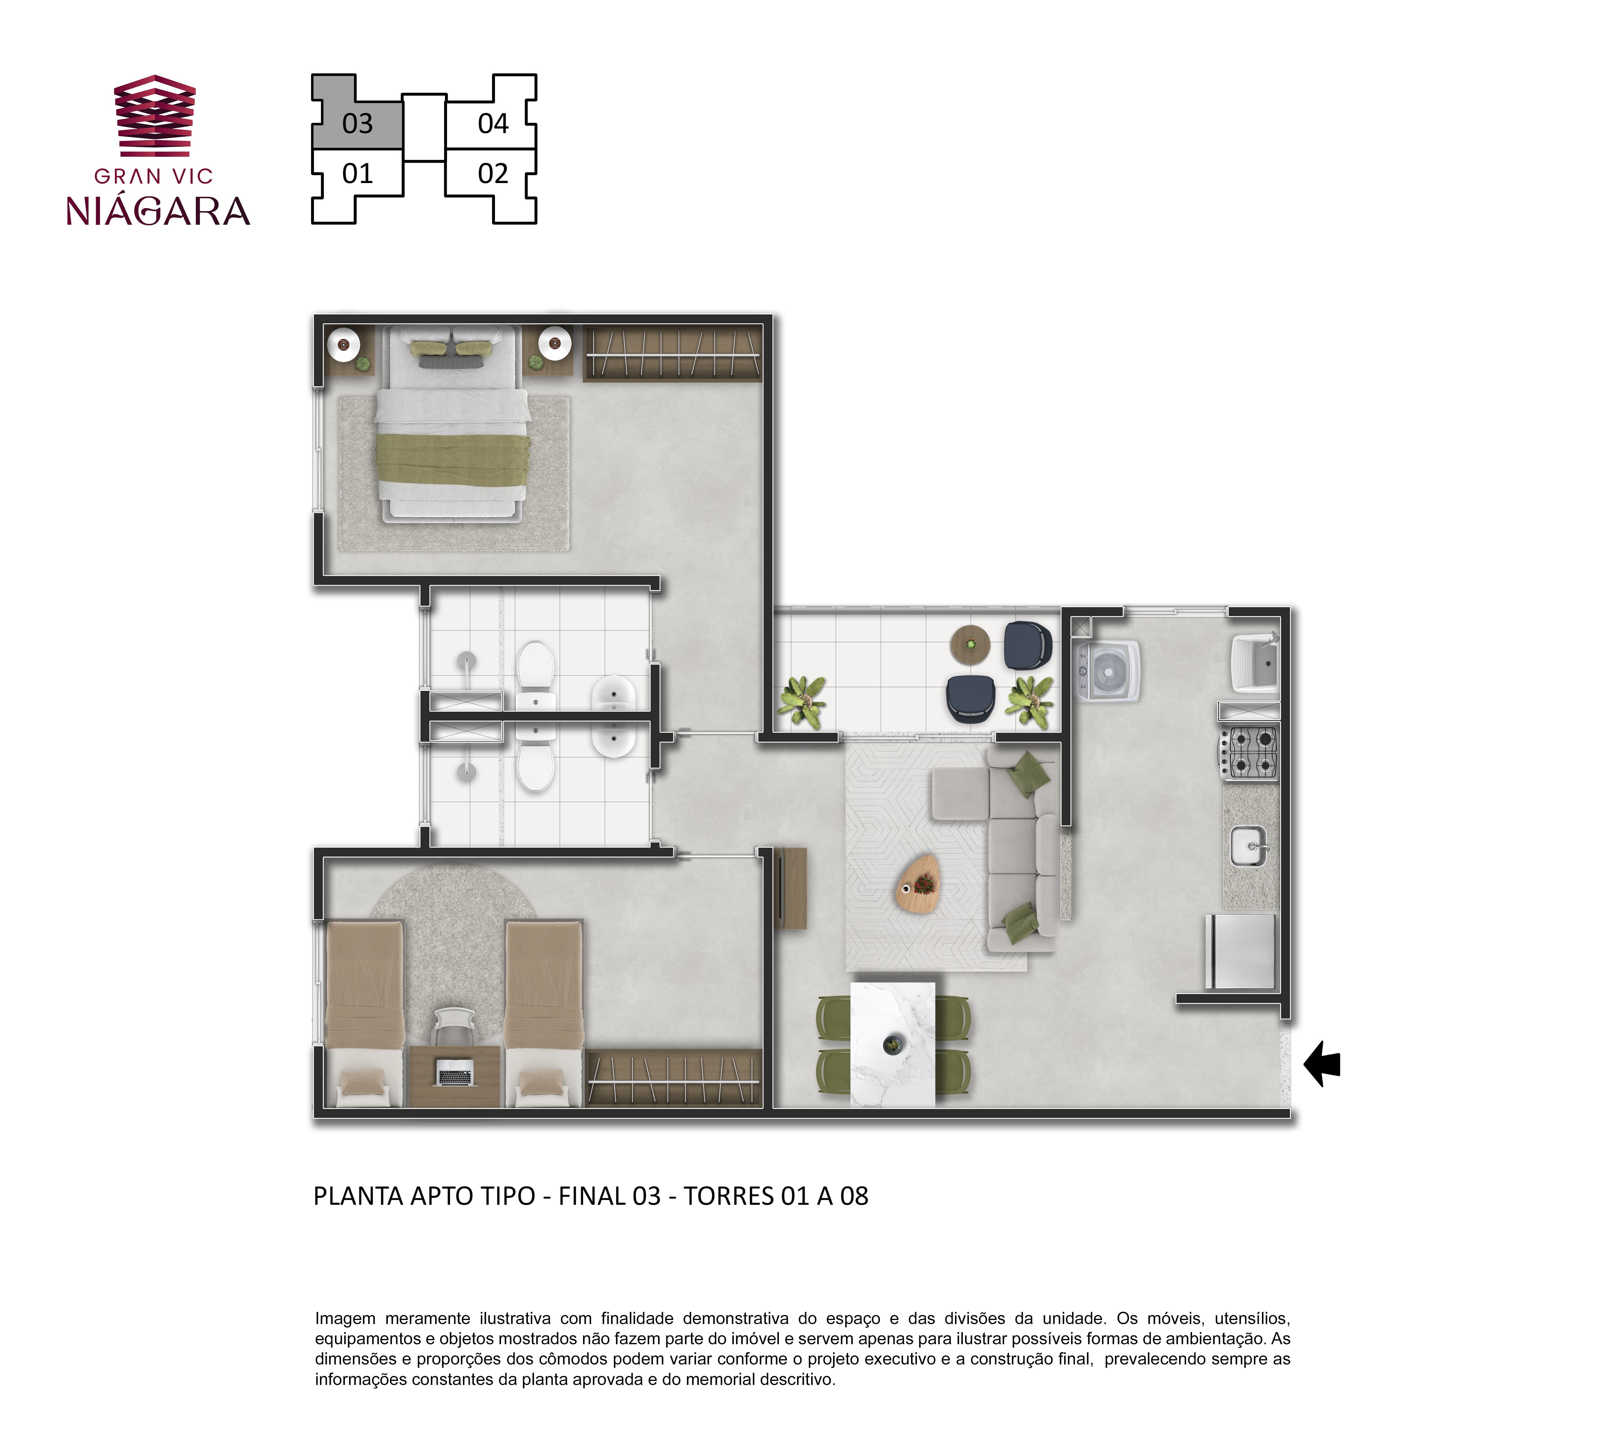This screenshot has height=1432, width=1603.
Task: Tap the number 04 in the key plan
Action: [494, 124]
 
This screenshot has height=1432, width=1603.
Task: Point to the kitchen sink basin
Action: [1248, 846]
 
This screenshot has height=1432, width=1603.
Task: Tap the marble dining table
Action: [892, 1044]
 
